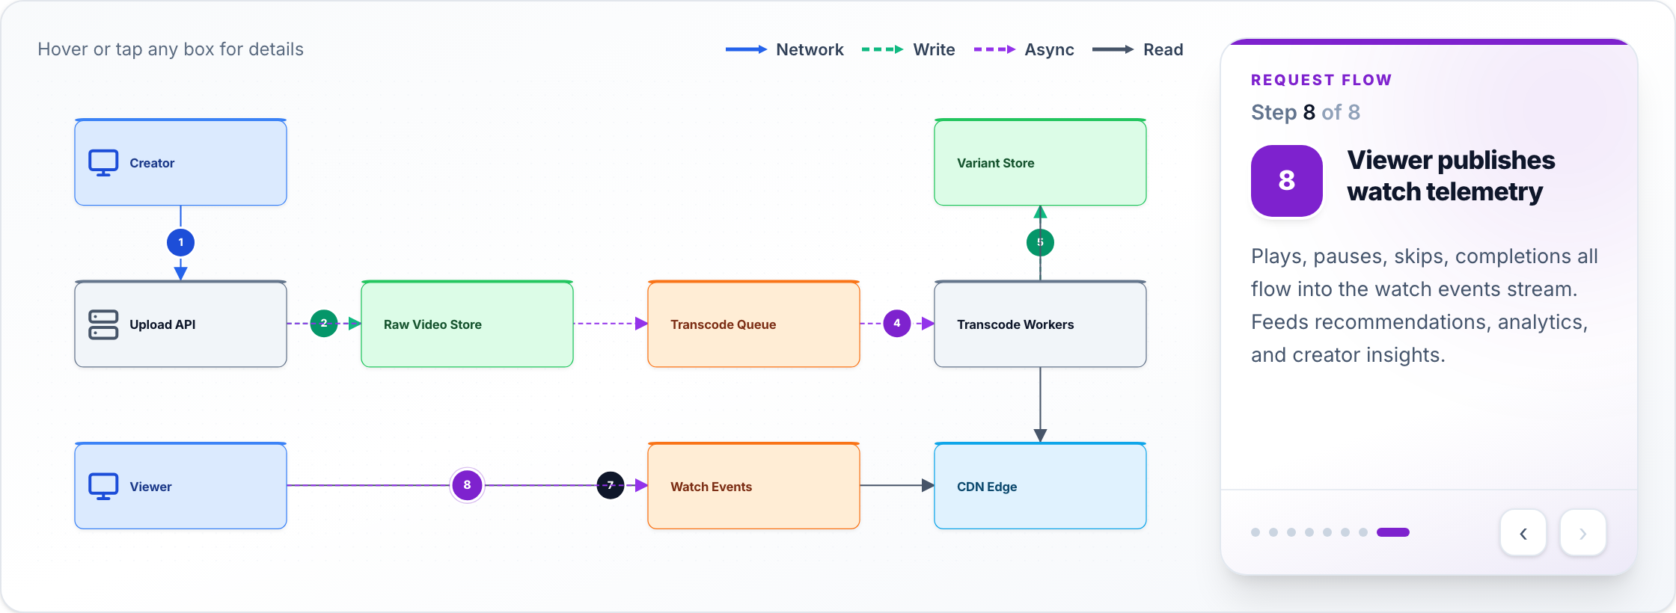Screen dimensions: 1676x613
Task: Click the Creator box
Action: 180,162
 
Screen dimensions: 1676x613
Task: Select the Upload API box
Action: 180,324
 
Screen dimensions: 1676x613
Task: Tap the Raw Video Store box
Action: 467,324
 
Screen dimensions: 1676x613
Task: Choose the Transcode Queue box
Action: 753,324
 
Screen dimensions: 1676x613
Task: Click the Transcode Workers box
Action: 1040,324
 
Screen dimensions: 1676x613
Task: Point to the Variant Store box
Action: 1040,162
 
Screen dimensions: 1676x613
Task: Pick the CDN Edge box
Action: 1040,486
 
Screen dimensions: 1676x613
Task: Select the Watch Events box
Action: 753,486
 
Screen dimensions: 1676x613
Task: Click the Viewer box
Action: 180,486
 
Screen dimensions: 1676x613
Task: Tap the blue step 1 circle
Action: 180,242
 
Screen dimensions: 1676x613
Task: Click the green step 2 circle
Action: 324,323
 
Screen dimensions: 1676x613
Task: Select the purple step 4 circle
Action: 897,323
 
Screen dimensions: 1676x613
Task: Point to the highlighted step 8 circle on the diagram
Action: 467,485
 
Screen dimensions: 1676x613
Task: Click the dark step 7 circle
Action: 611,485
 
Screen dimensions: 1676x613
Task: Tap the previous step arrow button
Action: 1523,533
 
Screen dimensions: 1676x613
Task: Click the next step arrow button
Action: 1583,533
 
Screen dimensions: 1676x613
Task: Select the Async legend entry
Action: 1024,49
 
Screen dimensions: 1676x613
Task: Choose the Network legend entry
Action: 784,49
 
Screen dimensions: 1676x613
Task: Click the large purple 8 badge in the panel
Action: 1287,181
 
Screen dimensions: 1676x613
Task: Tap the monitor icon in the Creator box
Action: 103,163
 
